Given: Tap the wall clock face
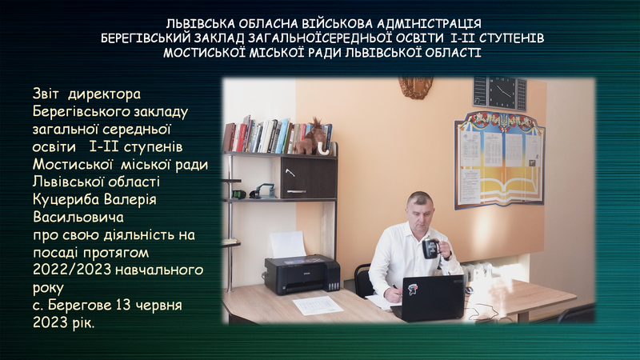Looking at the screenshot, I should pyautogui.click(x=502, y=92).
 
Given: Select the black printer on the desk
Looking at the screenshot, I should pyautogui.click(x=302, y=274).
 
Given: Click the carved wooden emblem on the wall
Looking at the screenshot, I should pyautogui.click(x=416, y=87).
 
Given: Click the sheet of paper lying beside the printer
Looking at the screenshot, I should pyautogui.click(x=318, y=305).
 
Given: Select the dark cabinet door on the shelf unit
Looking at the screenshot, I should pyautogui.click(x=309, y=178).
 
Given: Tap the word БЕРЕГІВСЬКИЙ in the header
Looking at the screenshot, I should pyautogui.click(x=145, y=38).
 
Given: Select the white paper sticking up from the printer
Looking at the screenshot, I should pyautogui.click(x=287, y=244).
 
